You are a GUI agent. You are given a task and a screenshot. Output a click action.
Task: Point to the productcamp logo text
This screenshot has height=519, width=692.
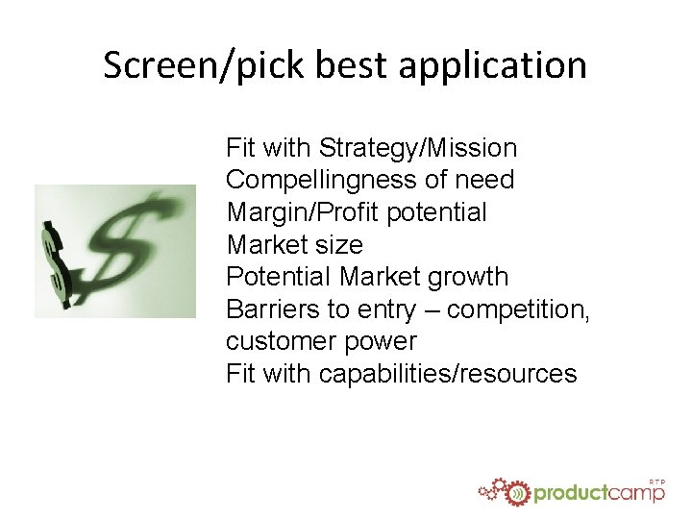[599, 493]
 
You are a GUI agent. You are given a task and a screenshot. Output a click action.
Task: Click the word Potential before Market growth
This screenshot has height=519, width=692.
[279, 277]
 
